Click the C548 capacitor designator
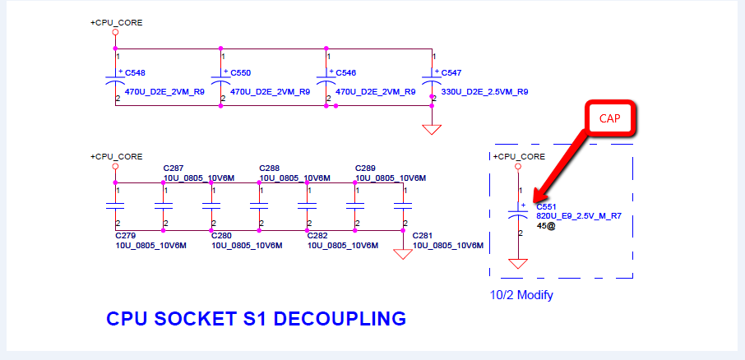[x=135, y=73]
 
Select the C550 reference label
[x=240, y=73]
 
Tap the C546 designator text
[x=346, y=73]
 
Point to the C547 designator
[x=451, y=73]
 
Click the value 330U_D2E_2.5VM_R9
[x=484, y=92]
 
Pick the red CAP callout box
[x=609, y=118]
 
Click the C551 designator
[x=546, y=207]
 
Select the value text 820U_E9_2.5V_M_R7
[x=579, y=216]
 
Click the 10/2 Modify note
[x=521, y=295]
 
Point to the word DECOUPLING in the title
[x=340, y=319]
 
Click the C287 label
[x=174, y=168]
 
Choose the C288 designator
[x=270, y=168]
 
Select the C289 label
[x=365, y=168]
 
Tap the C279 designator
[x=126, y=236]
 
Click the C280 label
[x=221, y=236]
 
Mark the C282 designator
[x=317, y=236]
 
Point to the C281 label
[x=423, y=236]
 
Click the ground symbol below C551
[x=518, y=264]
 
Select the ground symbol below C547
[x=432, y=130]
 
